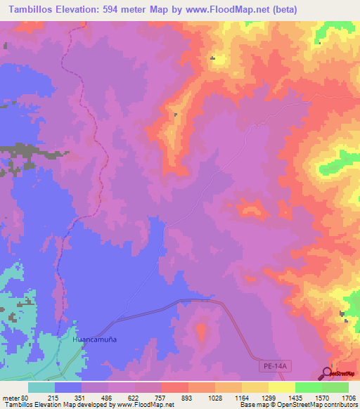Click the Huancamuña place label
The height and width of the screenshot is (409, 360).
pyautogui.click(x=94, y=339)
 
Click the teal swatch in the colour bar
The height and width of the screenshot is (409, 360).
pyautogui.click(x=41, y=387)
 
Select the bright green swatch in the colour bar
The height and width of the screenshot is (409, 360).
pyautogui.click(x=308, y=387)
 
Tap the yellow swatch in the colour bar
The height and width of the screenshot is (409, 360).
pyautogui.click(x=281, y=387)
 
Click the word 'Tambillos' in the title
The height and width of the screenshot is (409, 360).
pyautogui.click(x=34, y=9)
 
